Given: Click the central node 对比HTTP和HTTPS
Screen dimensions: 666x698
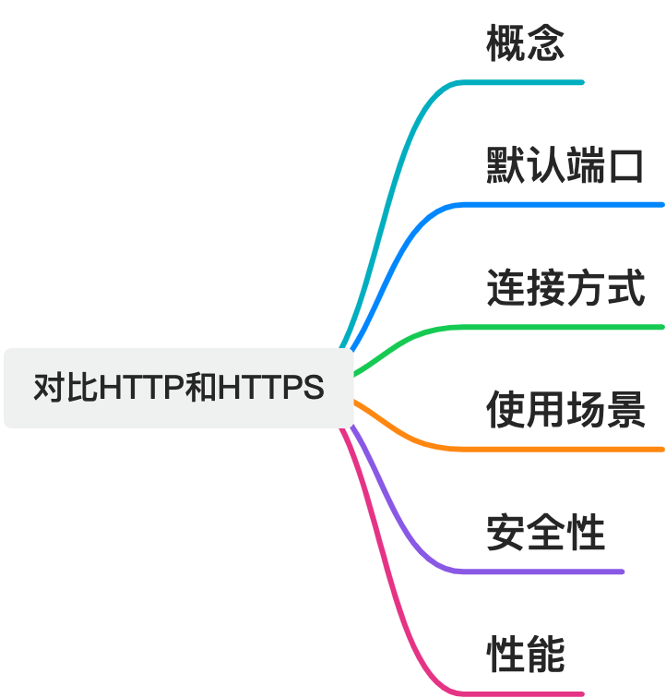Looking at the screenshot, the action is (x=178, y=388).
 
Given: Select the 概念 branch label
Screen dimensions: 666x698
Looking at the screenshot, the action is (x=525, y=42).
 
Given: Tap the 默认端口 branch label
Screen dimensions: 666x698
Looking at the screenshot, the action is (x=565, y=165).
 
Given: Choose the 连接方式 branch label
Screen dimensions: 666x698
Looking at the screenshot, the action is (x=565, y=287).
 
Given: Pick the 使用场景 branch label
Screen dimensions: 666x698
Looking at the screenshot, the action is (x=565, y=410).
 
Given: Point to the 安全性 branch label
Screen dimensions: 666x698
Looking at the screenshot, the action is (x=545, y=532).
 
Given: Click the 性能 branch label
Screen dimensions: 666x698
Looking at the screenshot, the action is (x=526, y=654).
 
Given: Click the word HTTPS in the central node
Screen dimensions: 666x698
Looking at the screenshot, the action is (x=271, y=387).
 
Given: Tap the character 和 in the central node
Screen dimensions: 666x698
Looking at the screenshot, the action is (x=201, y=387).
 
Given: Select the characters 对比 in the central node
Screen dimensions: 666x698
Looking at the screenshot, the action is (x=65, y=387).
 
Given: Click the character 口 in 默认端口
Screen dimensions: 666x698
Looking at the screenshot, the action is (x=626, y=166).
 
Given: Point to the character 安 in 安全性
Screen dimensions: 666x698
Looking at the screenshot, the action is (x=505, y=532).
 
